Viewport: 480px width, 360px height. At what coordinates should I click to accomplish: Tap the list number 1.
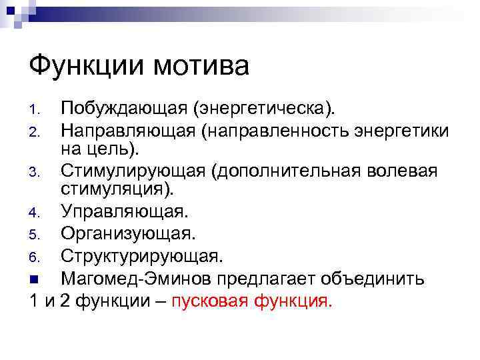37,110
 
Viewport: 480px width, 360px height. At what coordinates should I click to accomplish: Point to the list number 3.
37,174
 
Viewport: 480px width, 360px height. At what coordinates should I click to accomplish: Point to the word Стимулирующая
133,172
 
